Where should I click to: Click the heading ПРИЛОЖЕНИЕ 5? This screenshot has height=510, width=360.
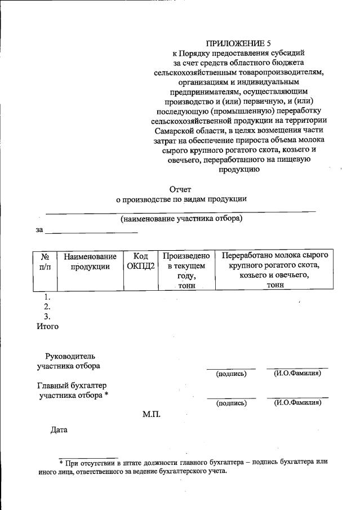tap(234, 43)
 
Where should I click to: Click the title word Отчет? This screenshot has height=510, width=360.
tap(181, 189)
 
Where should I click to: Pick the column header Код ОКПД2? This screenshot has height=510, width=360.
tap(137, 261)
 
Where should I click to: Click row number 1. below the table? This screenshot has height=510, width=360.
tap(48, 296)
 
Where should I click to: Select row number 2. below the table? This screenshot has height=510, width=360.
tap(48, 307)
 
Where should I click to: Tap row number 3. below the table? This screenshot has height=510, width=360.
tap(48, 317)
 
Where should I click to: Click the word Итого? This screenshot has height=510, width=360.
tap(47, 326)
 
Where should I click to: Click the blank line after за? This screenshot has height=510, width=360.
tap(91, 230)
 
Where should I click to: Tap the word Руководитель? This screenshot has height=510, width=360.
tap(70, 356)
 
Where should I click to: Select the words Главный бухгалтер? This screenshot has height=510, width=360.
tap(71, 385)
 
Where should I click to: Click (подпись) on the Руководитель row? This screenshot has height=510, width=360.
tap(231, 374)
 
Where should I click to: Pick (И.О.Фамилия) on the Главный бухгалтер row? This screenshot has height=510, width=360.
tap(297, 403)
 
